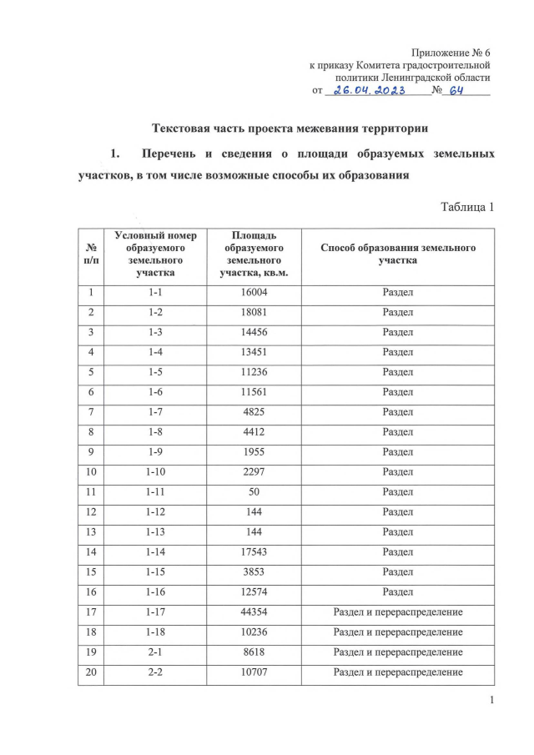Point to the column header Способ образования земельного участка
click(x=397, y=254)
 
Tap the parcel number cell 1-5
click(x=156, y=373)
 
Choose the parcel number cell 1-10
click(x=156, y=472)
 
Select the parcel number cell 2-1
click(x=156, y=652)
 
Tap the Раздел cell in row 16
click(x=397, y=592)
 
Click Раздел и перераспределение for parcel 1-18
click(x=397, y=632)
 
